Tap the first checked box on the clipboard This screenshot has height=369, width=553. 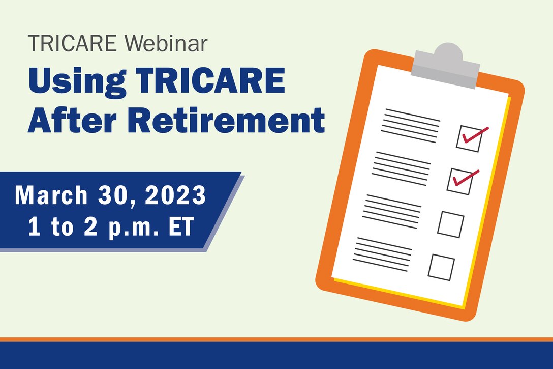point(469,138)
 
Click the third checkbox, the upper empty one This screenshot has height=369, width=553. point(450,224)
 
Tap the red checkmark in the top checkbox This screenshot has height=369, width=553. point(475,135)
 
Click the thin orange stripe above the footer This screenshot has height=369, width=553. point(276,339)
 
